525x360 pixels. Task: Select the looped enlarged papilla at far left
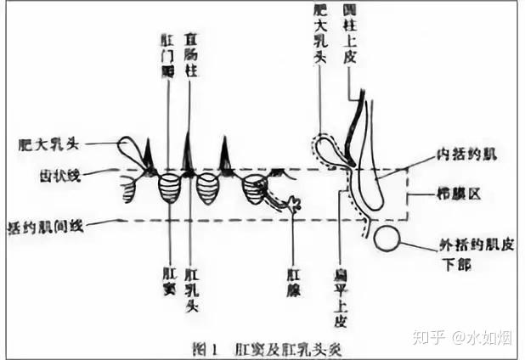132,155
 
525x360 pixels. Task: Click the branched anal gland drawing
291,204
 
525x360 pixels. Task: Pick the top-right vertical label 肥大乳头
321,33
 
